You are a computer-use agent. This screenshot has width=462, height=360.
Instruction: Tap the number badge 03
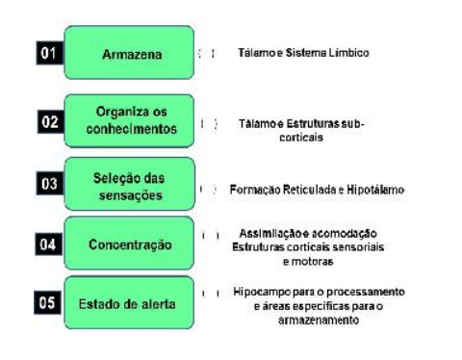click(x=43, y=185)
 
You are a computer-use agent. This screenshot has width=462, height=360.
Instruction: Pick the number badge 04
click(x=43, y=244)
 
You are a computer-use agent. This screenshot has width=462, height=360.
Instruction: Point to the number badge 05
click(x=43, y=304)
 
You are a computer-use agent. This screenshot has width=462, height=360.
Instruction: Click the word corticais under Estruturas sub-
click(x=301, y=138)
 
